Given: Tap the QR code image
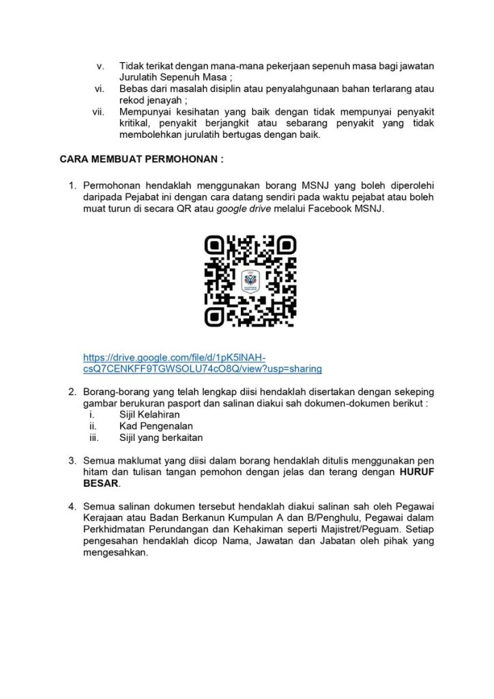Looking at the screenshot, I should pos(250,280).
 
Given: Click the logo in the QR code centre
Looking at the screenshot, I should pos(250,280).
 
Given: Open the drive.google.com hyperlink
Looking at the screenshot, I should pos(202,363).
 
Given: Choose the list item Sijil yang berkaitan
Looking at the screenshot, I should pos(161,438).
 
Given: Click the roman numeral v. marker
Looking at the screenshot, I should pos(100,66).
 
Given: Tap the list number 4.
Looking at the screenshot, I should pos(72,507).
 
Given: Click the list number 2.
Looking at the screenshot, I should pos(72,392).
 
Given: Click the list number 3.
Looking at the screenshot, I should pos(72,461).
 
